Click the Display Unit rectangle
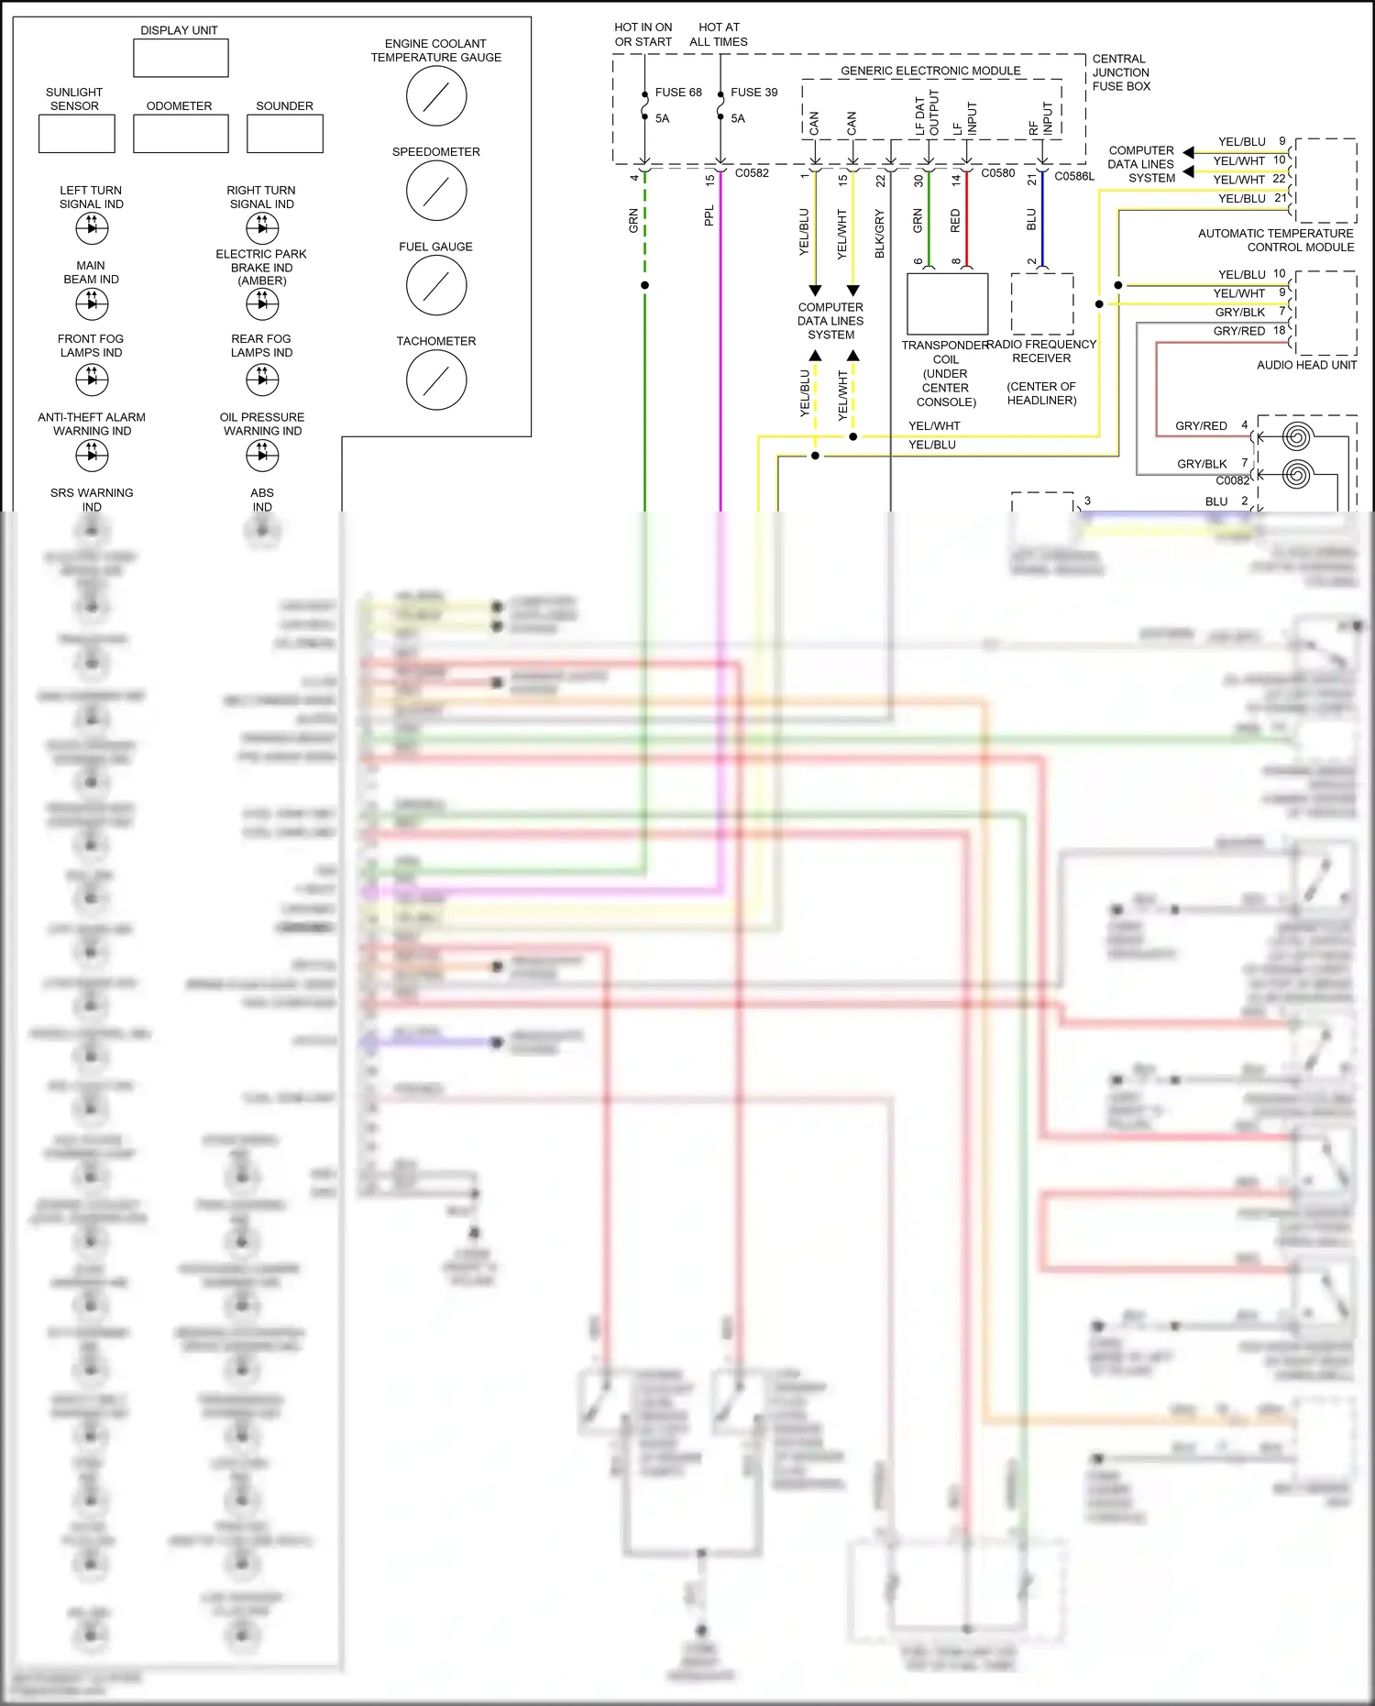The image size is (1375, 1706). (x=181, y=58)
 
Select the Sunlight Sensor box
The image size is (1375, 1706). (x=77, y=134)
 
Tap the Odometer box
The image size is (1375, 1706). (x=181, y=134)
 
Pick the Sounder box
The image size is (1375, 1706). (x=285, y=134)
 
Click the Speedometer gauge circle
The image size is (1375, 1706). (x=436, y=191)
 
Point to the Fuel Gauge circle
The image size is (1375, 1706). (x=436, y=285)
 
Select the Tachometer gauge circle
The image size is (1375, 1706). (x=436, y=380)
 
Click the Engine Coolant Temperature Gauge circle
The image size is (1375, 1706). (x=436, y=96)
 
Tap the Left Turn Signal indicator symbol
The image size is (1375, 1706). (x=92, y=227)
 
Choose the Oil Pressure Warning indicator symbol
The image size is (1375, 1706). (x=262, y=455)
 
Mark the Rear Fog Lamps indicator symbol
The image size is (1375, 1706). (x=262, y=379)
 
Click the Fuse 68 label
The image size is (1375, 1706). (x=678, y=93)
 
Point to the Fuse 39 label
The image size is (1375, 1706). (x=753, y=93)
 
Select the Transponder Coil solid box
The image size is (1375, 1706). (x=947, y=303)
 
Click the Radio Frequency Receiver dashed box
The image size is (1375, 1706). (x=1042, y=303)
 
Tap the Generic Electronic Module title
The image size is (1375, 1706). (x=930, y=71)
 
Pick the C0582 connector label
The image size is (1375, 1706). (x=752, y=173)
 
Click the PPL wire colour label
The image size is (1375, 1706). (x=709, y=215)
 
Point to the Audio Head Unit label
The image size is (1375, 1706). (x=1306, y=365)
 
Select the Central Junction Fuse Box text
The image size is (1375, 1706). (x=1120, y=72)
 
